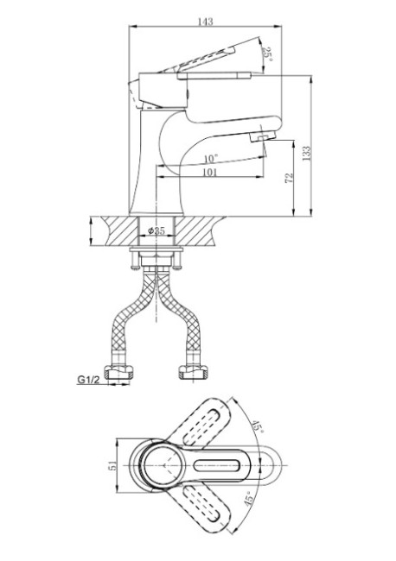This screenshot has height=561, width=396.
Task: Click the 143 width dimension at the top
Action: point(205,22)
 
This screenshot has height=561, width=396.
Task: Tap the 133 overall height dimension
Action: point(308,154)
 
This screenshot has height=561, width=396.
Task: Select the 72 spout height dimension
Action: point(290,178)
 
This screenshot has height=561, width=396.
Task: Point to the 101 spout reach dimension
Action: point(210,173)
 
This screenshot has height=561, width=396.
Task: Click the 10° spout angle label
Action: point(211,159)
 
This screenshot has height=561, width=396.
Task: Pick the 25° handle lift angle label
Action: point(267,54)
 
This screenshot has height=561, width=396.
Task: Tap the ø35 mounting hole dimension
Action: point(156,230)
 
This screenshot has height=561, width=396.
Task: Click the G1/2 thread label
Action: point(88,380)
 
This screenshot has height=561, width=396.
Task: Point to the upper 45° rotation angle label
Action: point(258,427)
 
